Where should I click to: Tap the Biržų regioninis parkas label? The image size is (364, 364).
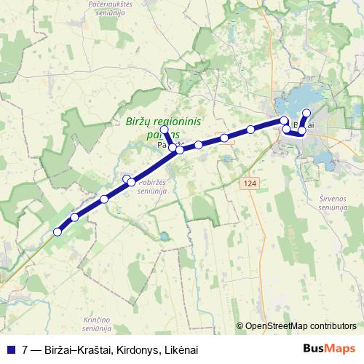163,128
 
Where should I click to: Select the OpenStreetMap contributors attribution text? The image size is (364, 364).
301,326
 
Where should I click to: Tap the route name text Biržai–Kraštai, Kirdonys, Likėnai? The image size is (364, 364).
114,349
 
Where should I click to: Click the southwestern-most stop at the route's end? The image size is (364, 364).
58,232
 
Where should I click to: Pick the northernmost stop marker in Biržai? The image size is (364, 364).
306,113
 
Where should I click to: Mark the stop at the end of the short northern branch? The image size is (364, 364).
165,130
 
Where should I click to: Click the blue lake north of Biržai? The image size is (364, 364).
306,96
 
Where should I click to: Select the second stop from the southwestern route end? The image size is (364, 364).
75,218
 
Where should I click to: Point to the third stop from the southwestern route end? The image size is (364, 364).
104,199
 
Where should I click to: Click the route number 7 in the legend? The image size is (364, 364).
25,349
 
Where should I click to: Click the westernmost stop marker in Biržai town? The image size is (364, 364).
284,120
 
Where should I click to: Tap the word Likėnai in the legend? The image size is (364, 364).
181,349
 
